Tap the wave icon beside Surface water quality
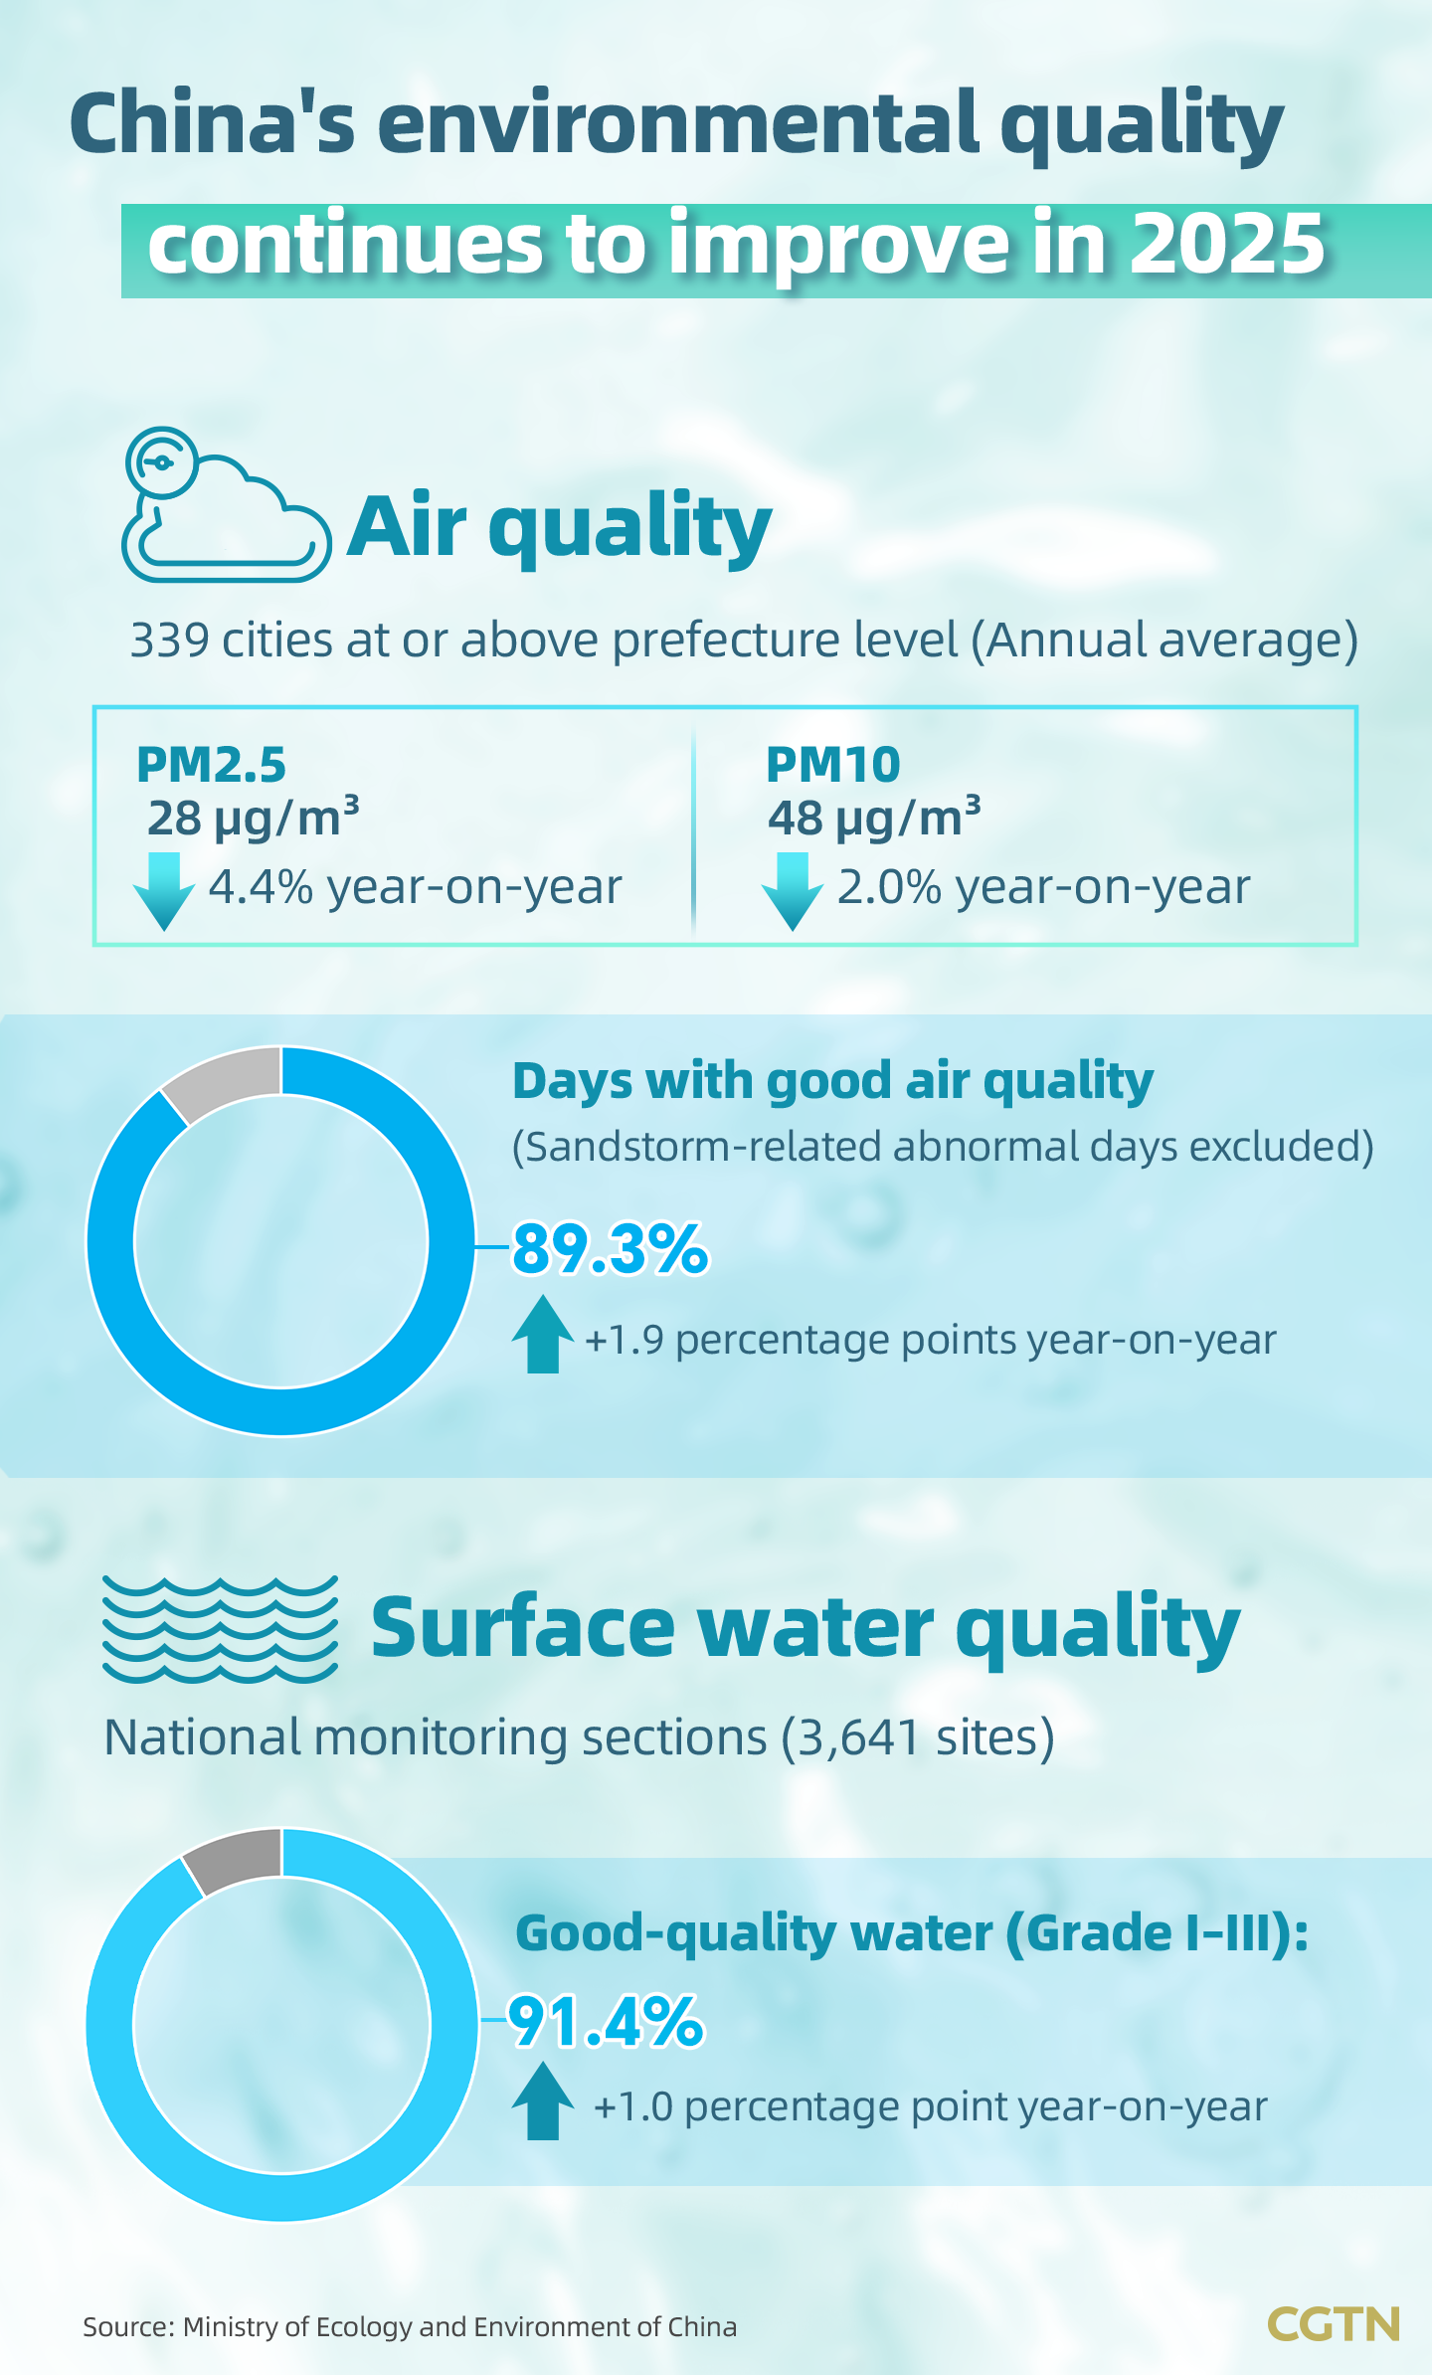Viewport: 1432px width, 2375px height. [220, 1628]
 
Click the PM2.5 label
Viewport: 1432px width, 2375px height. [211, 765]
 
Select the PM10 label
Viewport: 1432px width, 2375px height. [832, 765]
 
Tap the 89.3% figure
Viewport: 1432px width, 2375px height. [611, 1249]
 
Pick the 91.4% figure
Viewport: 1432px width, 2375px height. [607, 2022]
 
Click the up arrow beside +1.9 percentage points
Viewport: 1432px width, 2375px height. [542, 1335]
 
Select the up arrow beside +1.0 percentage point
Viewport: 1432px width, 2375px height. [542, 2101]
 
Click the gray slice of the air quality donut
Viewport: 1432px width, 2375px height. [228, 1081]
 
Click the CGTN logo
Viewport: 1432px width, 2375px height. [1333, 2324]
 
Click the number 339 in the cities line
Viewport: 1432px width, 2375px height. [169, 640]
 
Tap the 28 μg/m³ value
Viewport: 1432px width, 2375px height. [253, 819]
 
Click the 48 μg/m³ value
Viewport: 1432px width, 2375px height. [873, 819]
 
